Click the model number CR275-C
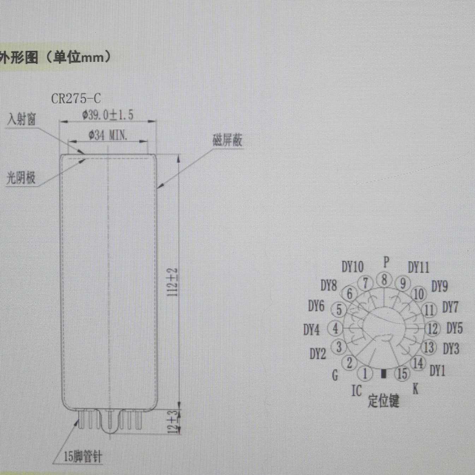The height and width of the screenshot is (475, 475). click(76, 99)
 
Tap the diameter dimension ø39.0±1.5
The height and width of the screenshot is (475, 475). click(108, 115)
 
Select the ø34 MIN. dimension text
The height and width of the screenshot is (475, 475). click(108, 135)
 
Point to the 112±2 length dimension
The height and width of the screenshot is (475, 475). click(173, 282)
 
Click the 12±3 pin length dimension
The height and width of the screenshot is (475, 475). click(173, 421)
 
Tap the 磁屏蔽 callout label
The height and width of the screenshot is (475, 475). click(227, 140)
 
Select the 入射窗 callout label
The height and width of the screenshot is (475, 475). click(22, 119)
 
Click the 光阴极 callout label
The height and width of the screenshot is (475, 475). click(21, 178)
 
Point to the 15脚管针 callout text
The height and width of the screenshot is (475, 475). click(82, 457)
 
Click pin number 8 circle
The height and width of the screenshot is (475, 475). click(384, 280)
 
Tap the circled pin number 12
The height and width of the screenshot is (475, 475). click(432, 329)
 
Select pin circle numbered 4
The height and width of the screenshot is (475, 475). click(335, 329)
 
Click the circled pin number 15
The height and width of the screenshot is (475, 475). click(402, 374)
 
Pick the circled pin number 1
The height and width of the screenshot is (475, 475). click(366, 374)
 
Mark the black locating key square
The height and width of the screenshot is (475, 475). click(384, 374)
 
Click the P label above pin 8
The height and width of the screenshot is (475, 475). click(386, 262)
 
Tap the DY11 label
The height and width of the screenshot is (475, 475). click(418, 267)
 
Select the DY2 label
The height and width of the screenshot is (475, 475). click(317, 354)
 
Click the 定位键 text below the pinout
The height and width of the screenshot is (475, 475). click(383, 401)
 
